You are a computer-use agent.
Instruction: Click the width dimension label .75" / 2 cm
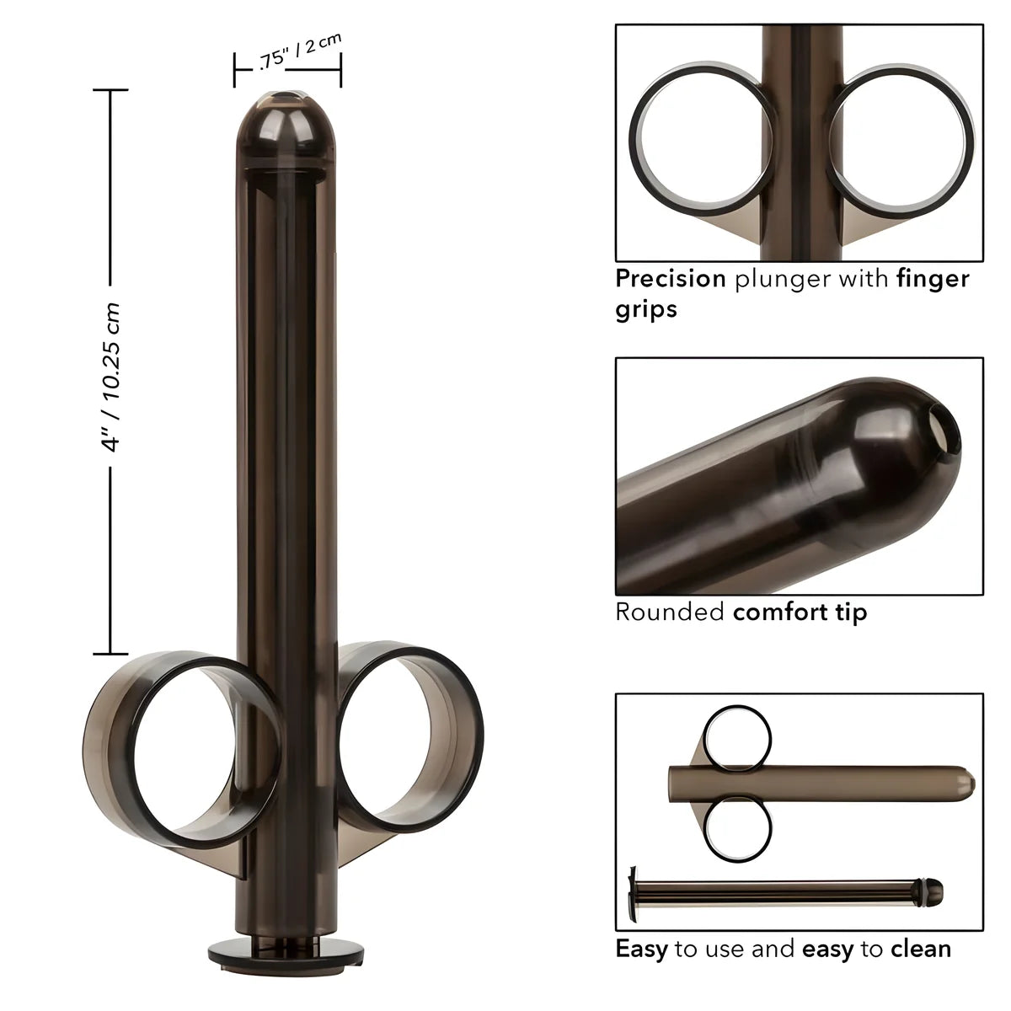coord(288,56)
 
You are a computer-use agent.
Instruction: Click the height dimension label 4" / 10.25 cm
coord(113,377)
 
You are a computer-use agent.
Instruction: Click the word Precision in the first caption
coord(671,279)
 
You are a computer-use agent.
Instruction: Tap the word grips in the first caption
coord(646,309)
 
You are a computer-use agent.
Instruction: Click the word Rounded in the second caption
coord(670,612)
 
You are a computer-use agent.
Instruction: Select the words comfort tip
coord(800,612)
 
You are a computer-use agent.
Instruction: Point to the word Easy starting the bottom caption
coord(641,949)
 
